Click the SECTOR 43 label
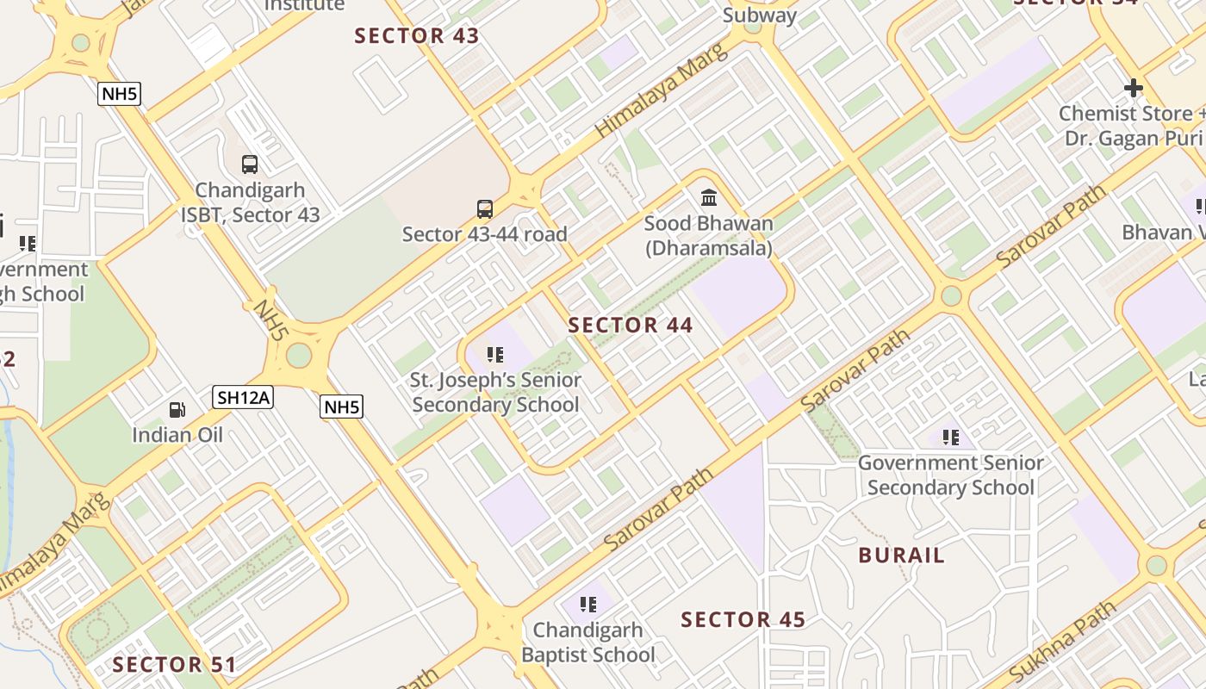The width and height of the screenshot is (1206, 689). [x=417, y=36]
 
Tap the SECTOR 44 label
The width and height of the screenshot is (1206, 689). [x=631, y=326]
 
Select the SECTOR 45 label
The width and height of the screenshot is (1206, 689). [x=743, y=620]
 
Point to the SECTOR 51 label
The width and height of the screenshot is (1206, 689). [x=174, y=665]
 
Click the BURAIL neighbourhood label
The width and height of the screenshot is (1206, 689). [x=901, y=556]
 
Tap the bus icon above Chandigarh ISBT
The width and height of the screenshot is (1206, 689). [x=250, y=164]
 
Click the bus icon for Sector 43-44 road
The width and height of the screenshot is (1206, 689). [x=485, y=208]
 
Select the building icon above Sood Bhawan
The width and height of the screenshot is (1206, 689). [x=709, y=198]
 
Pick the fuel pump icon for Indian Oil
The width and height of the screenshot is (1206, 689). [x=177, y=409]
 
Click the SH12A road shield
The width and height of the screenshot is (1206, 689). [x=243, y=397]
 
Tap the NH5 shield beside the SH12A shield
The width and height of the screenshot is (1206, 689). [x=341, y=407]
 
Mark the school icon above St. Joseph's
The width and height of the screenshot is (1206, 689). [x=495, y=354]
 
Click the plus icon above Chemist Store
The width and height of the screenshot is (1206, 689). [x=1134, y=88]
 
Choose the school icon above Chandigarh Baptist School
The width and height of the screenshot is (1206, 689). [x=588, y=605]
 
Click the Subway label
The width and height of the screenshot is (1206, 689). [x=760, y=16]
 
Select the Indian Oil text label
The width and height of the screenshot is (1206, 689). [x=177, y=435]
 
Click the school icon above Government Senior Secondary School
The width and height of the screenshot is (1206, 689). [x=951, y=438]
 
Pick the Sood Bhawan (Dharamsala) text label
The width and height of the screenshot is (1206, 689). [x=709, y=236]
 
